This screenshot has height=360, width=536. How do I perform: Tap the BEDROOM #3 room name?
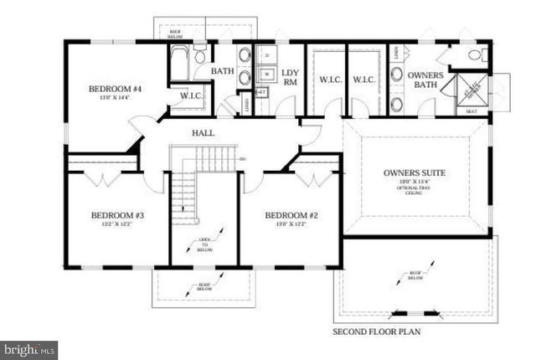pos(118,215)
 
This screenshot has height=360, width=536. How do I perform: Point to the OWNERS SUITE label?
pos(414,173)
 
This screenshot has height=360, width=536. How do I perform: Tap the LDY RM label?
pos(291,78)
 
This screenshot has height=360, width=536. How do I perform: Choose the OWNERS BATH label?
pos(425,80)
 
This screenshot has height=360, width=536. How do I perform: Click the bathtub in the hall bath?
pos(181,63)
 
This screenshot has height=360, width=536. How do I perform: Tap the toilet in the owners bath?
pos(475,55)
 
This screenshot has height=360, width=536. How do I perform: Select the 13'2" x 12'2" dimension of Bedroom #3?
pos(118,224)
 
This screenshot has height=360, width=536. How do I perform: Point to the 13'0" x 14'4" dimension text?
pos(115,97)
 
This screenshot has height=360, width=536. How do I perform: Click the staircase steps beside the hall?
pos(183,193)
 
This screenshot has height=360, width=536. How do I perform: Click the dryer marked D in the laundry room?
pos(266,54)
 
